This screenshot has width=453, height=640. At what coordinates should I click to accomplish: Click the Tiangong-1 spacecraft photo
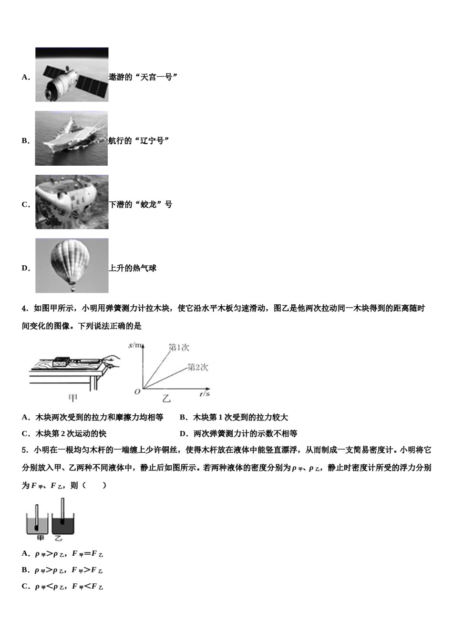tap(72, 75)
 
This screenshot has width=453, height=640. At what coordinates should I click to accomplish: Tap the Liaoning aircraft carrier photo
tap(72, 139)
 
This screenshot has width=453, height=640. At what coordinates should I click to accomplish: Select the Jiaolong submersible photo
tap(72, 202)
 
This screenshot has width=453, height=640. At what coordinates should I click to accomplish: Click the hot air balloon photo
tap(72, 266)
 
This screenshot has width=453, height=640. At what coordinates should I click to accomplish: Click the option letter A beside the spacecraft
tap(25, 77)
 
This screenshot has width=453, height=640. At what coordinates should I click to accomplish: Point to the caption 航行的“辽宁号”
tap(139, 141)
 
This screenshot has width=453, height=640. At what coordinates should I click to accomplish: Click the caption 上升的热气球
tap(133, 268)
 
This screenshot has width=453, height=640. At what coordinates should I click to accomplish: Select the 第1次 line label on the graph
tap(179, 348)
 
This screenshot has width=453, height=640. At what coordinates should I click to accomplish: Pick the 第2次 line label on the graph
tap(197, 367)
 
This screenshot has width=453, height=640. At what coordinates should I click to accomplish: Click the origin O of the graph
tap(137, 391)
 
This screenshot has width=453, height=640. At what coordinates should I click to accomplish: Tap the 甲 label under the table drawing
tap(73, 398)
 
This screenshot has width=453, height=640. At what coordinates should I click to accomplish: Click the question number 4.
tap(24, 309)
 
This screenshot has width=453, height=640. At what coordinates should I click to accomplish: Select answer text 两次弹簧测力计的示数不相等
tap(245, 434)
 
